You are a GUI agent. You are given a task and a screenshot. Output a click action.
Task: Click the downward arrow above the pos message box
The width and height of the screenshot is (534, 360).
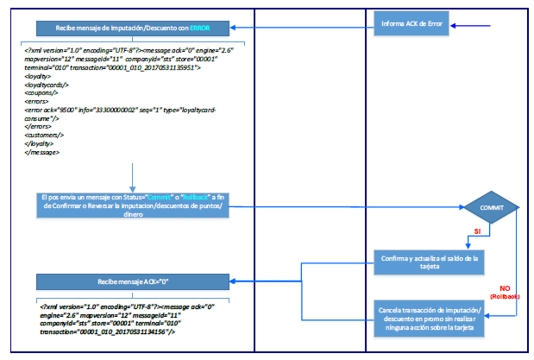click(133, 177)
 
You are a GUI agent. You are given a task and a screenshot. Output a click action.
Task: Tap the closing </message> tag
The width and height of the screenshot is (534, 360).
click(41, 153)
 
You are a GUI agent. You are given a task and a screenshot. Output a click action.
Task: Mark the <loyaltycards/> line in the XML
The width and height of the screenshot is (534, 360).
click(47, 85)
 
